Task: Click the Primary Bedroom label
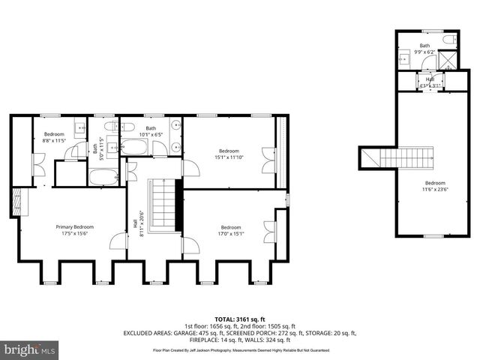(x=74, y=226)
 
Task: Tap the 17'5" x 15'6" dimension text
(x=74, y=234)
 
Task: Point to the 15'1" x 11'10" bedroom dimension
(x=230, y=157)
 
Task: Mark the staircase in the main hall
(x=165, y=205)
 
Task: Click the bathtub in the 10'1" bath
(x=136, y=147)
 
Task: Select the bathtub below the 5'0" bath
(x=103, y=178)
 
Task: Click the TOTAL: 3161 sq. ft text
(x=241, y=319)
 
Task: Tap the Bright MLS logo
(x=29, y=349)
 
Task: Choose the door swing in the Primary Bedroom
(x=118, y=241)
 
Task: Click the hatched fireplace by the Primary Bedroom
(x=16, y=202)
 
